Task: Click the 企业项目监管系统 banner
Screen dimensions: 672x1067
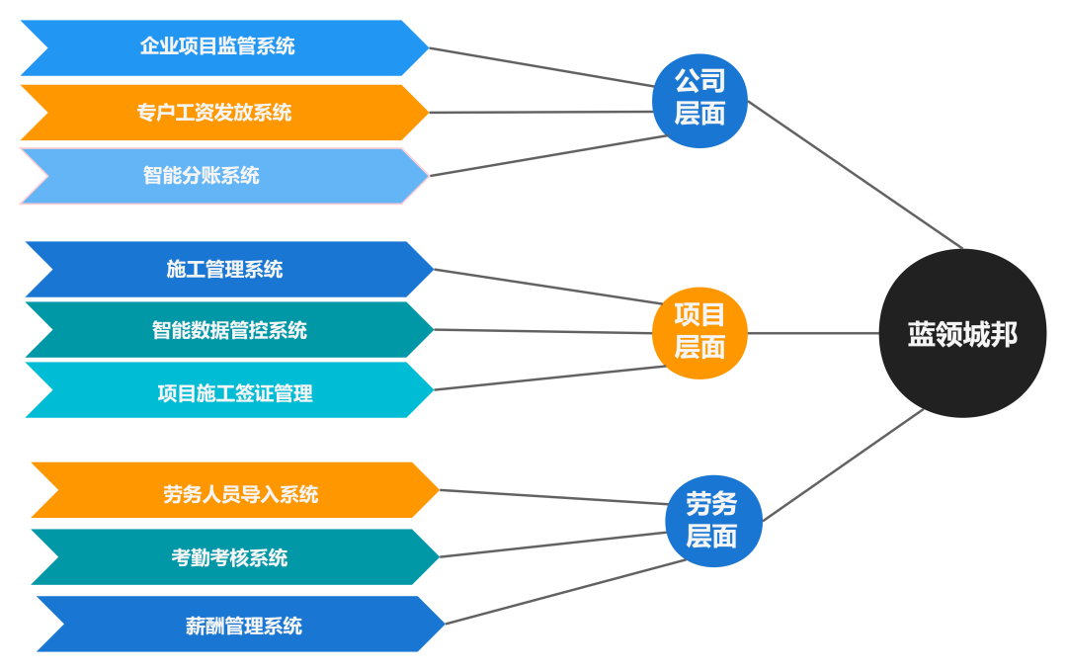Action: pyautogui.click(x=217, y=46)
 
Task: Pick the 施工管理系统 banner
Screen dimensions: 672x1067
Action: pyautogui.click(x=225, y=269)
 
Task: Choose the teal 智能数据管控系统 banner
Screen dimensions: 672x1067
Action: pyautogui.click(x=229, y=330)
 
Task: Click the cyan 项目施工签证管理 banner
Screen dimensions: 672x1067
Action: pyautogui.click(x=235, y=393)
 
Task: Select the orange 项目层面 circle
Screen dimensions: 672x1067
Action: pyautogui.click(x=699, y=332)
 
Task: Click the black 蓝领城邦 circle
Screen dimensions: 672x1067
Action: pyautogui.click(x=962, y=334)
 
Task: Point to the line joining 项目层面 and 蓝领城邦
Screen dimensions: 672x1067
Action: pyautogui.click(x=813, y=333)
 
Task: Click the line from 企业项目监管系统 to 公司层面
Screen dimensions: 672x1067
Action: pyautogui.click(x=541, y=66)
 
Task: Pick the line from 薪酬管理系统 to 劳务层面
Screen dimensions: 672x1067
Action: pyautogui.click(x=563, y=592)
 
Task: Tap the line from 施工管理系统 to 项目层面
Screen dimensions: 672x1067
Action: pyautogui.click(x=548, y=286)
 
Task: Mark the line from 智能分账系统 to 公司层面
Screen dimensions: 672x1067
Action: pyautogui.click(x=548, y=155)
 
